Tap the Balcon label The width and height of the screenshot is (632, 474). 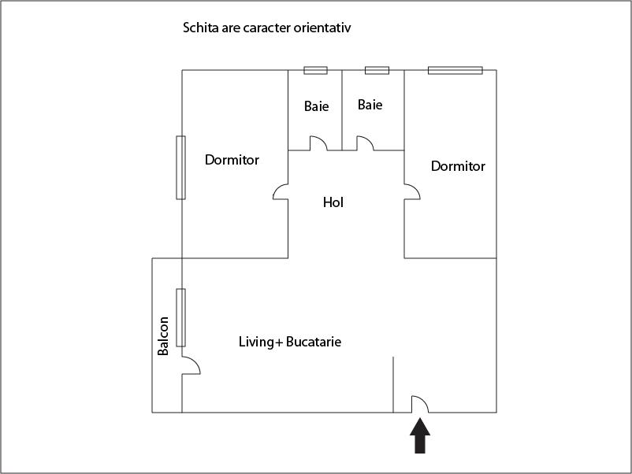coord(163,335)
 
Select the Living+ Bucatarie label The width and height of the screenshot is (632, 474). coord(290,343)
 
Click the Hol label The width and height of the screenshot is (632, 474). coord(333,202)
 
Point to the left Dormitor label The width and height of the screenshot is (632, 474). coord(232,160)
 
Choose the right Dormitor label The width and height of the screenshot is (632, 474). coord(458,166)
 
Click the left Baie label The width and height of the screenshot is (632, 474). coord(316,106)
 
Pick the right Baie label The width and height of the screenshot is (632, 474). coord(370,105)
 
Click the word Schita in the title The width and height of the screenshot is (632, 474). coord(201,28)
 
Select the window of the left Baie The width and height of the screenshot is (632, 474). coord(315,70)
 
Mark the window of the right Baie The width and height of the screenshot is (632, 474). coord(377,70)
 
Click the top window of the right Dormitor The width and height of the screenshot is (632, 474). coord(455,70)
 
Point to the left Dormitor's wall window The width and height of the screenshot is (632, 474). coord(180,167)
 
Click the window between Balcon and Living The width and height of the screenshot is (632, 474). coord(180,317)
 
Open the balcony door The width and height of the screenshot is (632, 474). coord(190,365)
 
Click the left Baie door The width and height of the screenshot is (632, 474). coord(318,143)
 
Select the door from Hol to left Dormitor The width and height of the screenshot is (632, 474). coord(281,191)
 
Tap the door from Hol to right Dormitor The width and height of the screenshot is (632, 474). coord(412,191)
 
